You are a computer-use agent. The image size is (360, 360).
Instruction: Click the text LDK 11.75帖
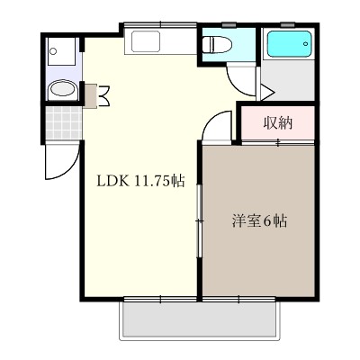(141, 181)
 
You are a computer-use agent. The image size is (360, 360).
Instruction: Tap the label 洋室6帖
(260, 220)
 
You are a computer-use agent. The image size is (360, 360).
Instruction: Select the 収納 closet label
(278, 123)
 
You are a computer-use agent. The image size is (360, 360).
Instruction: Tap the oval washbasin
(61, 90)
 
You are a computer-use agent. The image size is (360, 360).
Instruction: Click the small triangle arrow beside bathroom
(266, 91)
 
